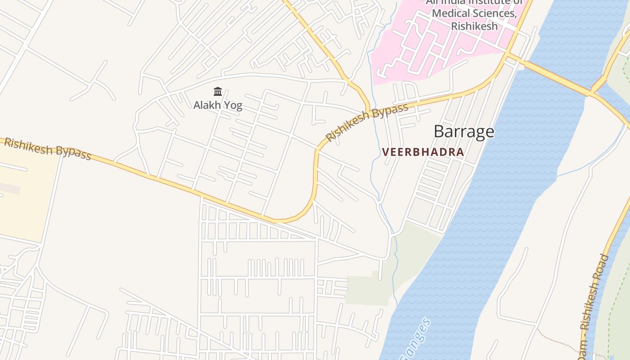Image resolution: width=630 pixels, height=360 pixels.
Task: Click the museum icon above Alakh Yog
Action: [x=218, y=92]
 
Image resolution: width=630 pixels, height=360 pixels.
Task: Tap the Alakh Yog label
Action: [x=218, y=105]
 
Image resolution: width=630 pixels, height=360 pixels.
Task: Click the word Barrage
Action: [x=463, y=131]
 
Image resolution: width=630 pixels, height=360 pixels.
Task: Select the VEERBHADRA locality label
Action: [x=423, y=152]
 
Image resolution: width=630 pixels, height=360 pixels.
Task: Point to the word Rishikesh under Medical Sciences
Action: [x=474, y=26]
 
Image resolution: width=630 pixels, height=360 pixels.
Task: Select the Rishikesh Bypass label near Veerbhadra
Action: [x=367, y=122]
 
